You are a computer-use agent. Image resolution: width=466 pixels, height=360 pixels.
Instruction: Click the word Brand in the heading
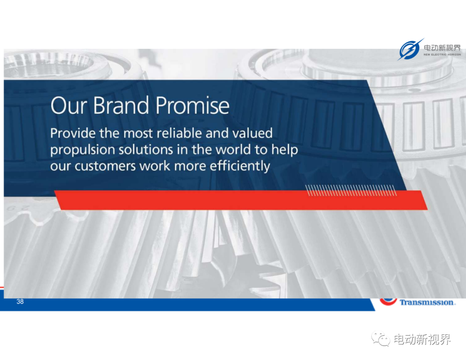tap(121, 105)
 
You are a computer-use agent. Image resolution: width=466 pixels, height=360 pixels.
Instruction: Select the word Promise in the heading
tap(192, 105)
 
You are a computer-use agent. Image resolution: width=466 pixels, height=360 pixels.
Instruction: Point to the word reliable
tap(179, 133)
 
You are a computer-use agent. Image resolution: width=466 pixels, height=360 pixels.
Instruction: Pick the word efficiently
tap(240, 166)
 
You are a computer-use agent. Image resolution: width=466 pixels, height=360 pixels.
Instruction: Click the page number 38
tap(20, 301)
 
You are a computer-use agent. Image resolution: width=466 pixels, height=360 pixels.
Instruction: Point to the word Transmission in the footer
tap(427, 302)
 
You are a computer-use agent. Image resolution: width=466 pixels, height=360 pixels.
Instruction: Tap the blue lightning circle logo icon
tap(410, 49)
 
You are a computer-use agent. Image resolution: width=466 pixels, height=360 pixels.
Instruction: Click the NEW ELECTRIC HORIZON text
tap(442, 54)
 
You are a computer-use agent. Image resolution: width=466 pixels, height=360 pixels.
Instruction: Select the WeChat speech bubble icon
tap(381, 339)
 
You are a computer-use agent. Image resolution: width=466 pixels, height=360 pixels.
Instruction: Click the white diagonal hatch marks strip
tap(351, 190)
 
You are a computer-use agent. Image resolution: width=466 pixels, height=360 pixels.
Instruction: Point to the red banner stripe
tap(241, 200)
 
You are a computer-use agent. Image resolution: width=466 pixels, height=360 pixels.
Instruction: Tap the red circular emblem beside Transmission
tap(388, 301)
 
